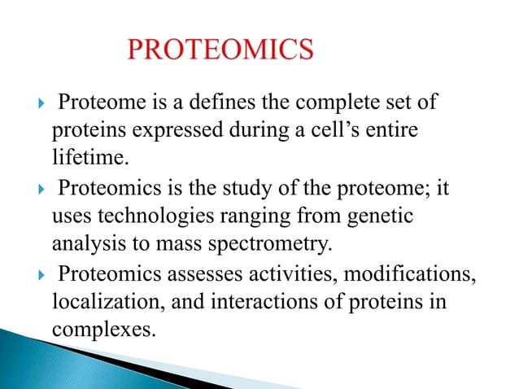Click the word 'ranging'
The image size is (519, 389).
pyautogui.click(x=269, y=216)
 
